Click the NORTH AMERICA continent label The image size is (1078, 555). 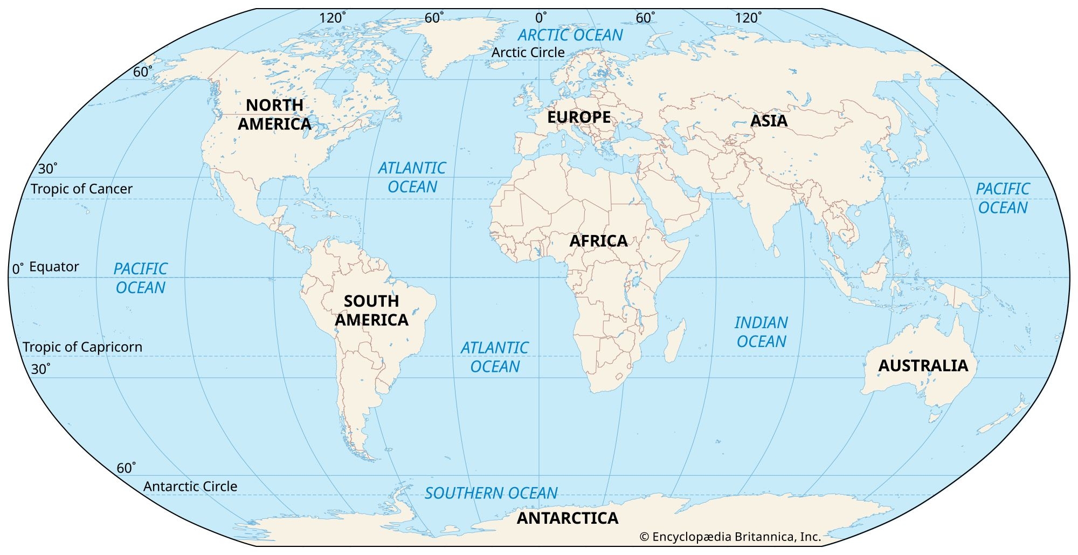[x=274, y=114]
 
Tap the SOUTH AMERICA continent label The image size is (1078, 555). [x=371, y=310]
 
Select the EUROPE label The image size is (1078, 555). [x=579, y=117]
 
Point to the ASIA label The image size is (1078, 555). [x=769, y=121]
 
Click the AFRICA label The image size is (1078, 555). [x=598, y=241]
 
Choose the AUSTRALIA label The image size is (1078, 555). [x=923, y=365]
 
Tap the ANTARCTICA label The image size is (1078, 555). [x=568, y=518]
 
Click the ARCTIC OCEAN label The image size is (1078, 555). [x=570, y=35]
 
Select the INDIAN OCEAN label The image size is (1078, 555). [x=761, y=332]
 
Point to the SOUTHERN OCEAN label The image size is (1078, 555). [x=491, y=493]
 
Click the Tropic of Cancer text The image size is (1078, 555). [x=81, y=189]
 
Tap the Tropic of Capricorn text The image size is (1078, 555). [x=82, y=347]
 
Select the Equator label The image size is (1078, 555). [x=54, y=267]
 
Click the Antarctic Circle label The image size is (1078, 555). [x=190, y=486]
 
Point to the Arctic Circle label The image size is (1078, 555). [x=528, y=52]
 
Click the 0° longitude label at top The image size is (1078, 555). [x=541, y=18]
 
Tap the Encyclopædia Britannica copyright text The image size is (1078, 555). [x=730, y=537]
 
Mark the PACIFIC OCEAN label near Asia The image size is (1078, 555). [x=1003, y=198]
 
